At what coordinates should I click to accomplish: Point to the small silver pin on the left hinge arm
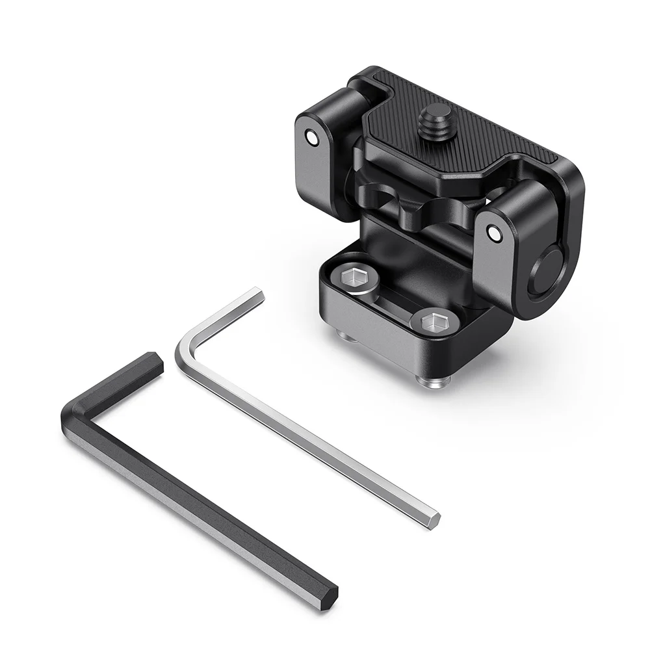tap(314, 138)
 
